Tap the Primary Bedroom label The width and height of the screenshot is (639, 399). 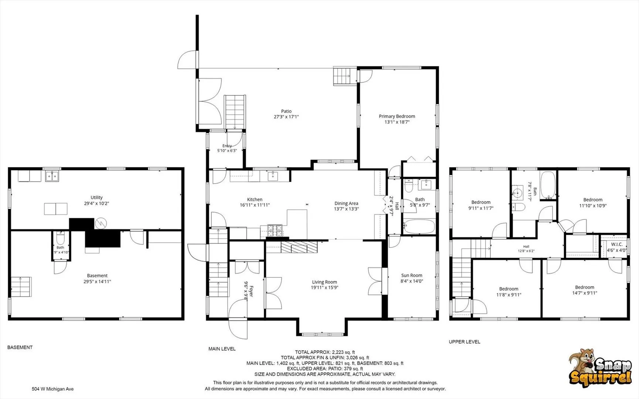tap(397, 116)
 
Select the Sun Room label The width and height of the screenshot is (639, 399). tap(412, 275)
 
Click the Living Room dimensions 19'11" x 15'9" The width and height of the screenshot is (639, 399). tap(325, 287)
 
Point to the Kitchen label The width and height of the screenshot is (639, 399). tap(255, 199)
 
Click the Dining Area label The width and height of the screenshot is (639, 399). tap(346, 203)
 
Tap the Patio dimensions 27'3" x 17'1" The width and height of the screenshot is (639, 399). tap(286, 117)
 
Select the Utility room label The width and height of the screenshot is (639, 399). tap(96, 198)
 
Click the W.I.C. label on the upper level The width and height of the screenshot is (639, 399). tap(617, 244)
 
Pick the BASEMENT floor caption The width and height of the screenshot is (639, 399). tap(20, 347)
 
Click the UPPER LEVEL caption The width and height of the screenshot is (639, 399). tap(465, 342)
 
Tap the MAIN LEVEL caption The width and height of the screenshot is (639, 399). tap(222, 349)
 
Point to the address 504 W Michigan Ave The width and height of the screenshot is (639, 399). tap(53, 389)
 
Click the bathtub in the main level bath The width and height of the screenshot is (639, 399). tap(419, 226)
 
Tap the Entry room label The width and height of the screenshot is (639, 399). tap(227, 146)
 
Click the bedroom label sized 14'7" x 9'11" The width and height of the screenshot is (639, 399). tap(585, 287)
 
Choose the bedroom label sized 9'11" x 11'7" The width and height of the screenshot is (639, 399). tap(481, 202)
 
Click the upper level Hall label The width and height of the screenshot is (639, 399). tap(526, 246)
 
